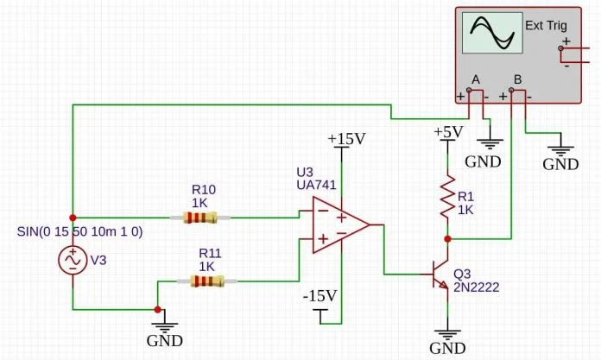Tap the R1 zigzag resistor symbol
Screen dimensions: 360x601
[446, 198]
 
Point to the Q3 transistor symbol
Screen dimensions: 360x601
[440, 276]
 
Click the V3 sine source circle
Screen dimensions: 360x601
[72, 259]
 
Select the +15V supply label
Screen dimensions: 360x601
[345, 139]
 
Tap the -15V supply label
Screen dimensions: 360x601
[319, 296]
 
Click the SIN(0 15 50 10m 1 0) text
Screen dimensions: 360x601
[79, 231]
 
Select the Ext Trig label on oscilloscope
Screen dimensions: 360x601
[546, 25]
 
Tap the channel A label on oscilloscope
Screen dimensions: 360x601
[475, 79]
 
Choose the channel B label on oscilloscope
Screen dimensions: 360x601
[516, 79]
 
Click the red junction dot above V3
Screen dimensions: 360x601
[72, 218]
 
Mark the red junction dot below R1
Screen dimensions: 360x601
[446, 238]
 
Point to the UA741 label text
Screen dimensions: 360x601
[316, 185]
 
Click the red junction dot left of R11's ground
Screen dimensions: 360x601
[157, 309]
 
